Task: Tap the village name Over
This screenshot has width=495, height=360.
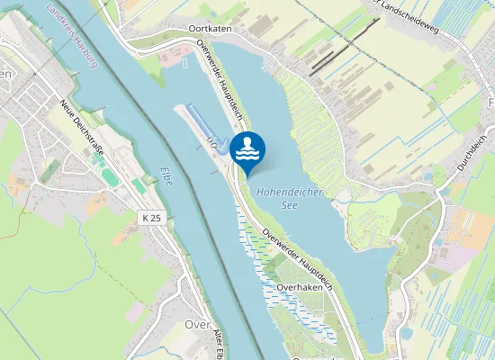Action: click(197, 325)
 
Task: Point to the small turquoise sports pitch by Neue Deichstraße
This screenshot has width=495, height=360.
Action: click(109, 175)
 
